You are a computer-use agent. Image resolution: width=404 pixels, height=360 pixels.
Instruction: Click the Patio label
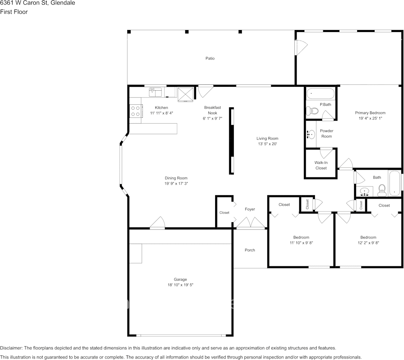(210, 58)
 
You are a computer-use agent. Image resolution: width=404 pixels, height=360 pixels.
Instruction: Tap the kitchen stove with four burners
(135, 111)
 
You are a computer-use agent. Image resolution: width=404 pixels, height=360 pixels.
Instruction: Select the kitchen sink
(155, 92)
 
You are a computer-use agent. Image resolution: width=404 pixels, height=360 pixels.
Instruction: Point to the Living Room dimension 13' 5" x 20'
(267, 144)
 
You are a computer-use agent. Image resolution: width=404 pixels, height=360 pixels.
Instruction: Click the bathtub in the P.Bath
(320, 93)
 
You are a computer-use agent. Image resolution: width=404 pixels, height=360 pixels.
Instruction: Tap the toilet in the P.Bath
(313, 111)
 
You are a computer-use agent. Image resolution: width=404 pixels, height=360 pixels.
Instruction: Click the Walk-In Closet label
(321, 165)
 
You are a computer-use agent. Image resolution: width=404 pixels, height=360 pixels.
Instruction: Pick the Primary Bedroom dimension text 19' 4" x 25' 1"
(370, 118)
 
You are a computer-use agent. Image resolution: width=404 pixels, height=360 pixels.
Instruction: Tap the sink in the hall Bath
(365, 191)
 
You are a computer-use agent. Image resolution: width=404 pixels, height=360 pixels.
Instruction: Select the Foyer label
(250, 209)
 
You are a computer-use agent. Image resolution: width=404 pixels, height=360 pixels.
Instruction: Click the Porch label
(250, 250)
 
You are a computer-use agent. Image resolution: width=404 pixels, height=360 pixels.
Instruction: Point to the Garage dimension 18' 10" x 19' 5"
(180, 285)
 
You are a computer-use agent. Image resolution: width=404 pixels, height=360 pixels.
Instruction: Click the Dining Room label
(176, 178)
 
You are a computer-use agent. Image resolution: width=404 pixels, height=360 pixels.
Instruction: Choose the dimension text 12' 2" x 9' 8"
(368, 243)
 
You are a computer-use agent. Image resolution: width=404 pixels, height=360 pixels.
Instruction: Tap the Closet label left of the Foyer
(224, 213)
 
